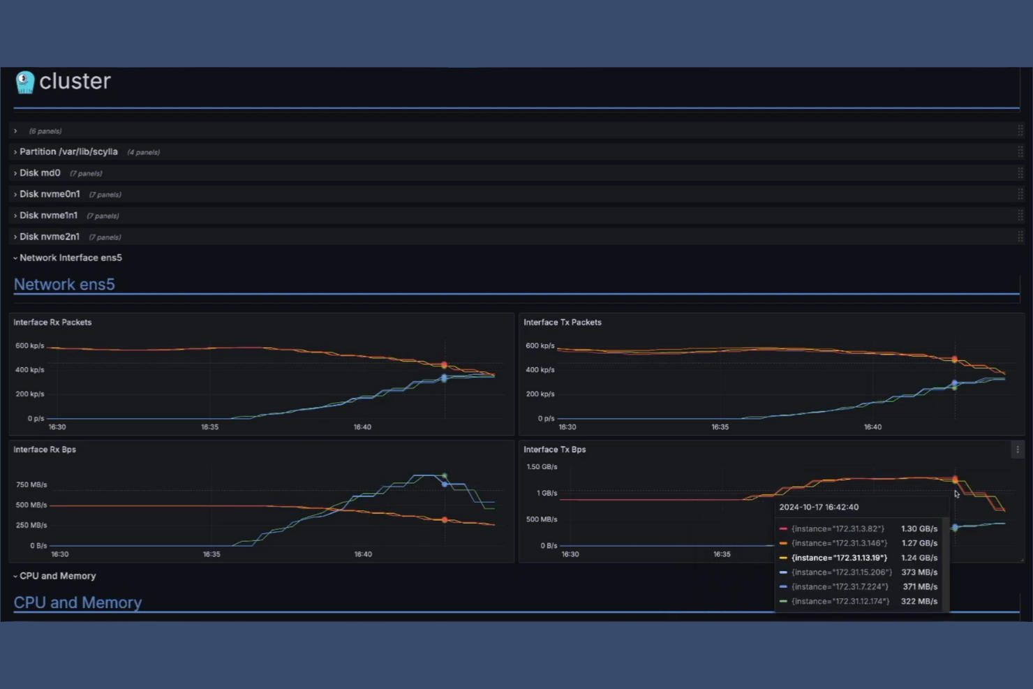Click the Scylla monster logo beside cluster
25,82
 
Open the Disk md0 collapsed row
40,173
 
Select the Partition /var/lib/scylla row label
68,151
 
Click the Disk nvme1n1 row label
48,216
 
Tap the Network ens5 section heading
64,284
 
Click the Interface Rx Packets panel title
52,323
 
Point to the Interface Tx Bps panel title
554,450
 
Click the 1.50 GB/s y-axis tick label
542,467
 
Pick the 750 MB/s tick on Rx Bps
31,484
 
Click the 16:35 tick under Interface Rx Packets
209,427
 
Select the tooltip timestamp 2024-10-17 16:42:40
819,508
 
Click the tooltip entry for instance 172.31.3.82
838,529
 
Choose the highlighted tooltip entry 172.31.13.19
839,558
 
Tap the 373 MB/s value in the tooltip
919,572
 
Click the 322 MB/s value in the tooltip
919,601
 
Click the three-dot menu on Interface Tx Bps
1018,450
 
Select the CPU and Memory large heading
77,602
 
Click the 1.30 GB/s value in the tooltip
919,529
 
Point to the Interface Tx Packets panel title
562,323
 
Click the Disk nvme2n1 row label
49,237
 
